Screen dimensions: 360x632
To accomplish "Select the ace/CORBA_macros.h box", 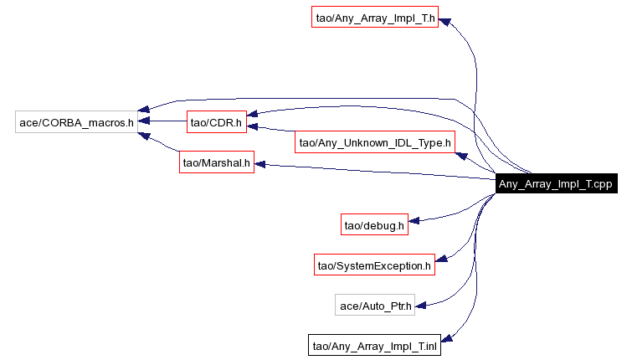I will click(76, 122).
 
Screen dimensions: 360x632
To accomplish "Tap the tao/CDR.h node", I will click(215, 122).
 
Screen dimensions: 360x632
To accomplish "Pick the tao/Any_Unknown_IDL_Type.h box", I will click(375, 142).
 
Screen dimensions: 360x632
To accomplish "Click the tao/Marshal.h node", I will click(216, 162).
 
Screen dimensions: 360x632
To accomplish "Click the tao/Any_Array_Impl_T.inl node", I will click(375, 345).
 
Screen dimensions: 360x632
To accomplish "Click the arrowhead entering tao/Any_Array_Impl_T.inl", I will click(445, 339).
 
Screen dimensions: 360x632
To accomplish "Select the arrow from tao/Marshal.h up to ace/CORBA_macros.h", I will click(163, 144).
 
